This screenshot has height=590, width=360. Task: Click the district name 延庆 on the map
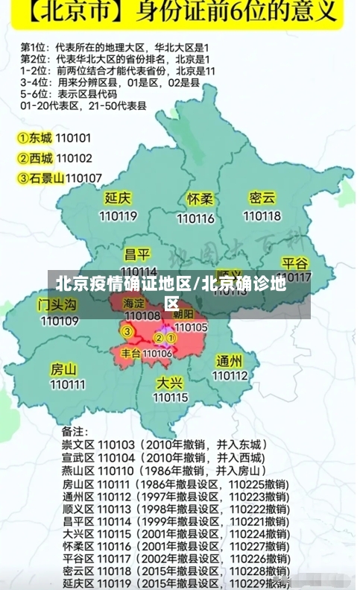tap(118, 198)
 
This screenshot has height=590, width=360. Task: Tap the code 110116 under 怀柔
tap(196, 219)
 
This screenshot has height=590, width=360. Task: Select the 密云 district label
tap(262, 198)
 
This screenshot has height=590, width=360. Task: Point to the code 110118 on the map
tap(262, 216)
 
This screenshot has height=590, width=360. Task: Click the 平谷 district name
tap(295, 263)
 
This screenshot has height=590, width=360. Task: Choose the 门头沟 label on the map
tap(57, 304)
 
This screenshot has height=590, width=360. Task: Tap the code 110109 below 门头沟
tap(59, 321)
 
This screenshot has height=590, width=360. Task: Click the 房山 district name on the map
tap(63, 369)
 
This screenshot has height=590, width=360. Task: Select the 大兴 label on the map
tap(170, 382)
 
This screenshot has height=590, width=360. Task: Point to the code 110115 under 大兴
tap(171, 398)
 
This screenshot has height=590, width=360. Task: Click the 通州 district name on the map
tap(230, 361)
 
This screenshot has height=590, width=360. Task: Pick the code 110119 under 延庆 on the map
tap(118, 216)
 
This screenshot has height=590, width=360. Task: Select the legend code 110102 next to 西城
tap(74, 158)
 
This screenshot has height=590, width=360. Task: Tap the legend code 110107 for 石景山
tap(83, 178)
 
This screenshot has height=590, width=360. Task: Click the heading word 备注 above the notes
tap(75, 431)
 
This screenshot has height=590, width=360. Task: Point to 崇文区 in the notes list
tap(77, 445)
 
